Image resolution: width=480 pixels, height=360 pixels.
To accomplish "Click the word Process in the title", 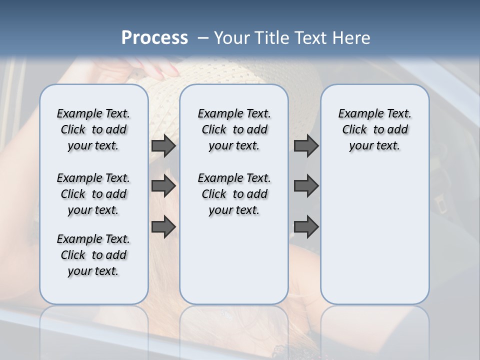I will click(x=154, y=38).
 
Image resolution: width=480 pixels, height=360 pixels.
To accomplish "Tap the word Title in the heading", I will click(x=272, y=38).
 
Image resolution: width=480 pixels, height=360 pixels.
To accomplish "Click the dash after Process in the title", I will click(x=203, y=38).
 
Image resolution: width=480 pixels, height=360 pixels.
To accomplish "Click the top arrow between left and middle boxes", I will click(x=163, y=146).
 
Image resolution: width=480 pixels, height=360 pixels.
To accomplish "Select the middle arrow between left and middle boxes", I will click(x=163, y=186).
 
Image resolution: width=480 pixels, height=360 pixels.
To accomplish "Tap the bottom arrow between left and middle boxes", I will click(x=163, y=227).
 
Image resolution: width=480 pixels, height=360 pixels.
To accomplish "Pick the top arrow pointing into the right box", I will click(x=306, y=146).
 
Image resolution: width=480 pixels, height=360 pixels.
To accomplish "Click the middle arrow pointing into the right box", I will click(x=306, y=186).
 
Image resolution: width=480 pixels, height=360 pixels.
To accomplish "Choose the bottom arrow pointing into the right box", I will click(x=306, y=227).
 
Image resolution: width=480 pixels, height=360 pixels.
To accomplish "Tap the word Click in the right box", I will click(x=354, y=130).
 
